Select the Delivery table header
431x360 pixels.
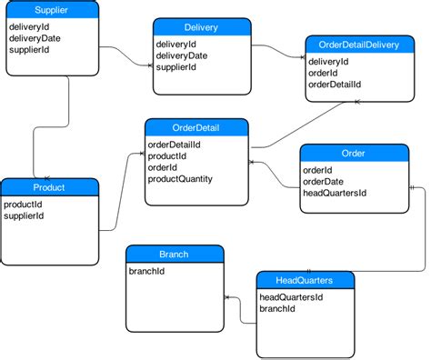200,27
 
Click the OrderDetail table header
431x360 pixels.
195,126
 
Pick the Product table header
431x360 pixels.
48,187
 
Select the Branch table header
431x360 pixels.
174,254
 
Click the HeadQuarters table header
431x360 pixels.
306,280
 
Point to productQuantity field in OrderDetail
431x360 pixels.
180,179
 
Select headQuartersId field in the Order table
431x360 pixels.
334,193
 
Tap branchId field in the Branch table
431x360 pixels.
146,271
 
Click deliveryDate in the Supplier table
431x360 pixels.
35,39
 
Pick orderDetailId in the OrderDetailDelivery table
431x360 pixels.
335,84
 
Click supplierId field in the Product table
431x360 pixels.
25,216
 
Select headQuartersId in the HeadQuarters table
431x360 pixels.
291,297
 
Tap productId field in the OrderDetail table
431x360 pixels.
167,155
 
